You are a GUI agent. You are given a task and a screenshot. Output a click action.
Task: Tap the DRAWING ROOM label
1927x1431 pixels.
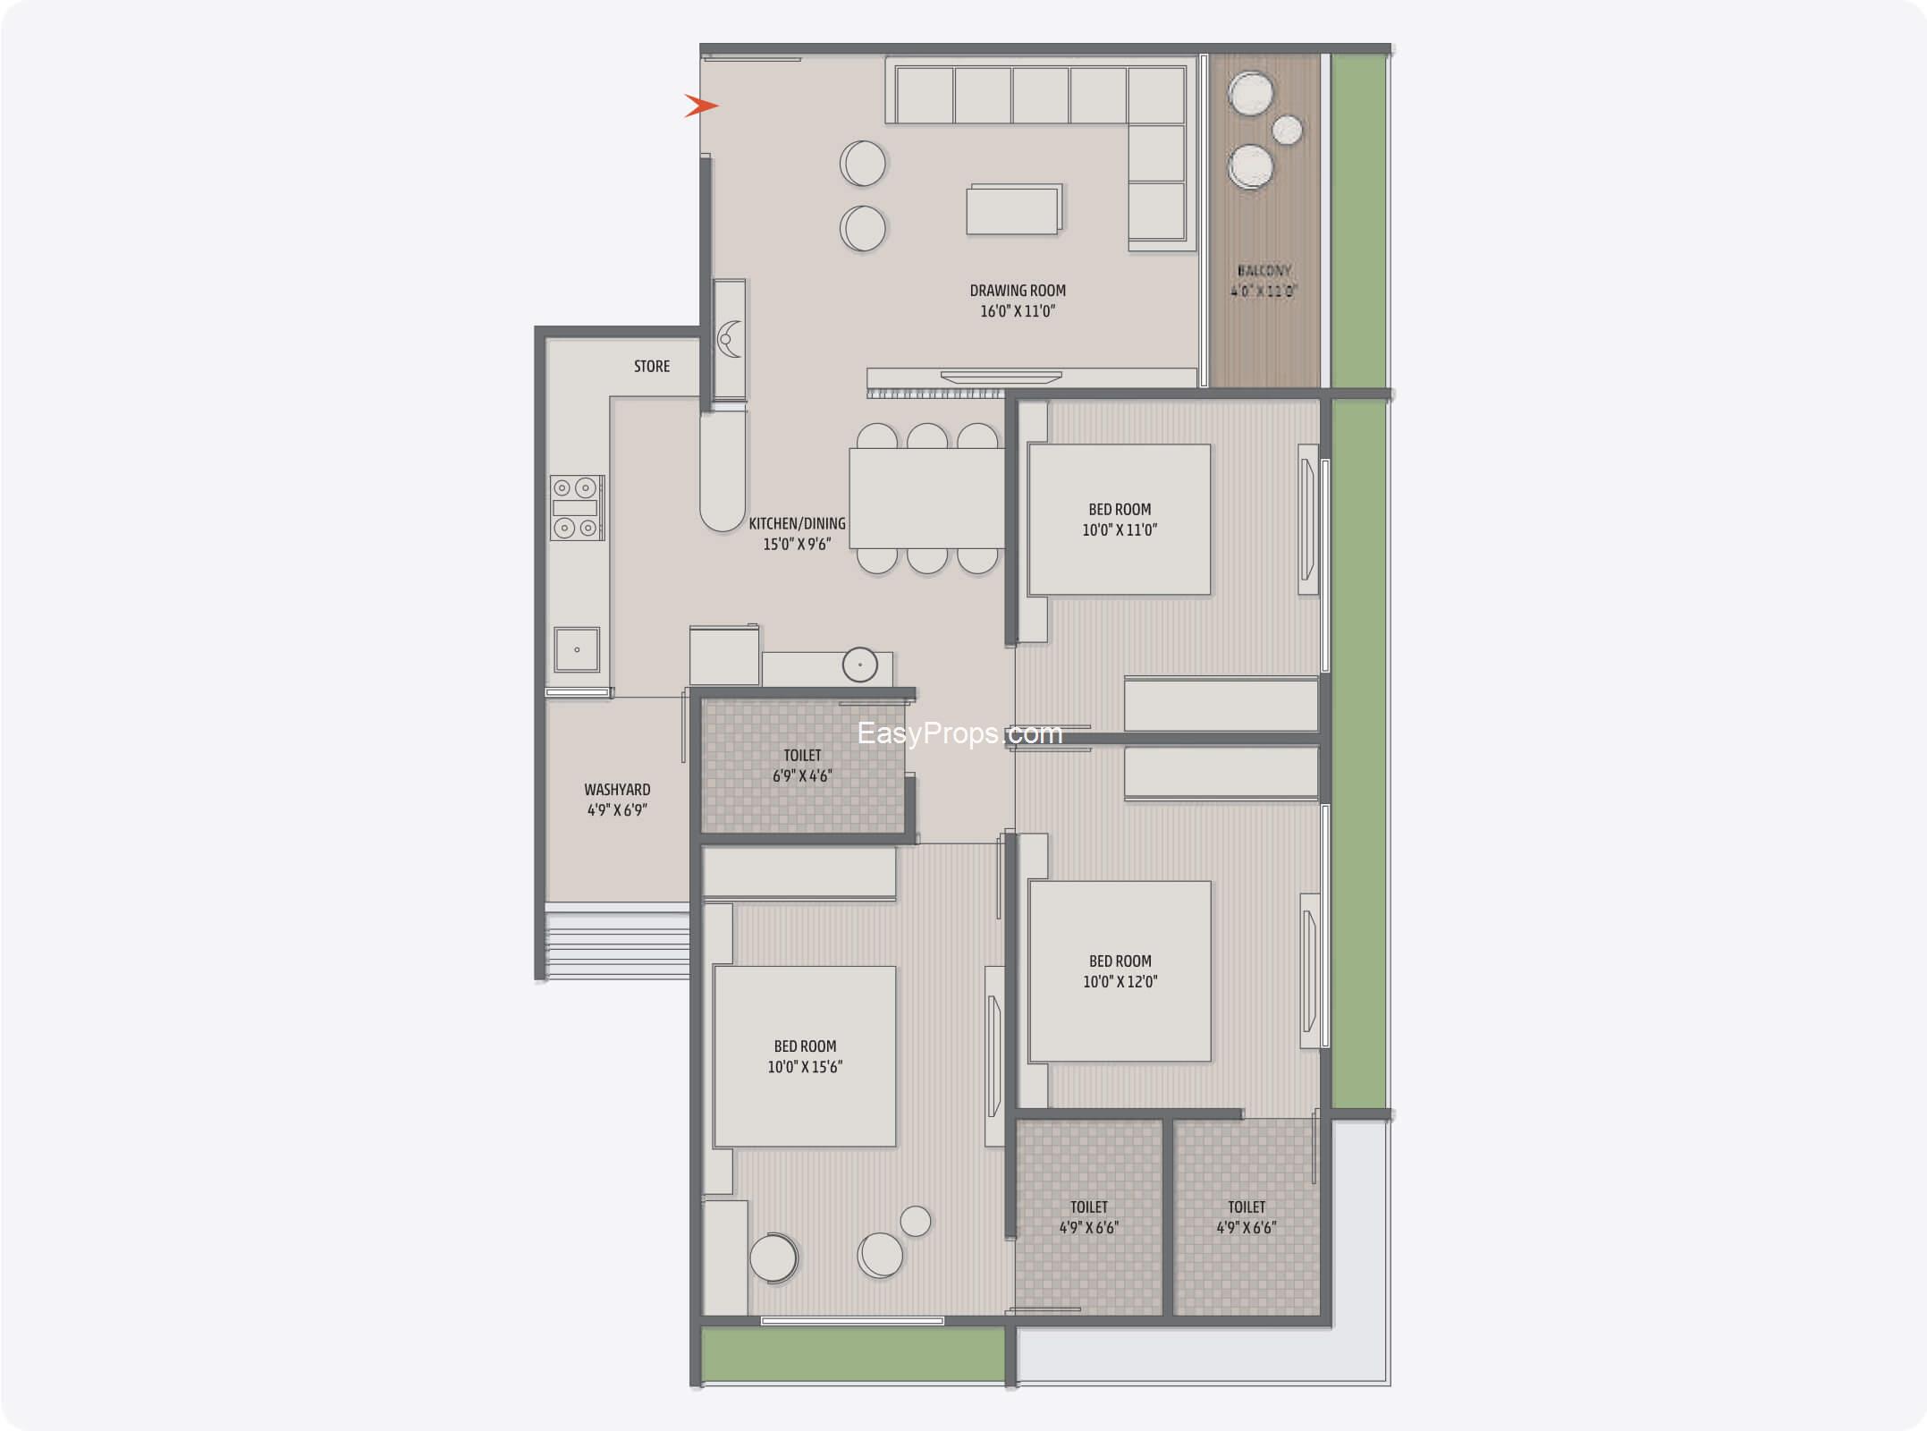click(x=1018, y=291)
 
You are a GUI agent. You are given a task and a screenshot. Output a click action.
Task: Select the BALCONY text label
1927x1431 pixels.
click(x=1264, y=270)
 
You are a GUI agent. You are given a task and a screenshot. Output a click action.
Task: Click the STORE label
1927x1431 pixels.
click(x=652, y=366)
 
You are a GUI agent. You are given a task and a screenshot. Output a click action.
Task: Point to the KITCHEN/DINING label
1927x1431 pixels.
click(x=797, y=523)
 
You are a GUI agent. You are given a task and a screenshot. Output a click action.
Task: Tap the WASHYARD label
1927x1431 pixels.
click(x=617, y=790)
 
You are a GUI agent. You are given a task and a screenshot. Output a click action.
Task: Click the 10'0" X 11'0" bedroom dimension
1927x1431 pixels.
click(x=1120, y=529)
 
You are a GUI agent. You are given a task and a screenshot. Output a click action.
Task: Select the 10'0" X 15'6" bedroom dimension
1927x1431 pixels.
click(x=805, y=1066)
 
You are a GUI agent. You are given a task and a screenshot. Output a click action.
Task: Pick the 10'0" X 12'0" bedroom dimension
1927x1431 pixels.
click(x=1120, y=981)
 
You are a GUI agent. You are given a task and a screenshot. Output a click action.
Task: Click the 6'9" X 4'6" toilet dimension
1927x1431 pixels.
click(x=802, y=775)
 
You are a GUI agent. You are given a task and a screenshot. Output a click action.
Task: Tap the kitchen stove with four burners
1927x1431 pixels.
click(x=577, y=508)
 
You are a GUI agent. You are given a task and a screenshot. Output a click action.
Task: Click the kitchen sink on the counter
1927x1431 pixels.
click(x=577, y=649)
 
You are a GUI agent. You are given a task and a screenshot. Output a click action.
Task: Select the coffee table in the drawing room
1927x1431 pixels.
click(x=1015, y=210)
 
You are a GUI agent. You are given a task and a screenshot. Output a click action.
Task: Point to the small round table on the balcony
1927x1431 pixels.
click(x=1288, y=130)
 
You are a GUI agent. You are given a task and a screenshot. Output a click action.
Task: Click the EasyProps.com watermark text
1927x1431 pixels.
click(x=959, y=733)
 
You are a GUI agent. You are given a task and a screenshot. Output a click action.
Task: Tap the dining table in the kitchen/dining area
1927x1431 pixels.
click(x=927, y=497)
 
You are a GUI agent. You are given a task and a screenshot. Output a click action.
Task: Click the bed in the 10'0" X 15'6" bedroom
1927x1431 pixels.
click(x=804, y=1056)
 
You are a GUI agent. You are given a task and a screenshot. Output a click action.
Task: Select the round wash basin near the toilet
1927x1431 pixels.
click(x=860, y=665)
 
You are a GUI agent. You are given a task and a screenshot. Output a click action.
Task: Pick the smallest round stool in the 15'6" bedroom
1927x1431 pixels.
click(x=916, y=1221)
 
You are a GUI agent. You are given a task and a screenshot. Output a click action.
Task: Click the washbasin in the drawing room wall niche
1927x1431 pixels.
click(x=730, y=339)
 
